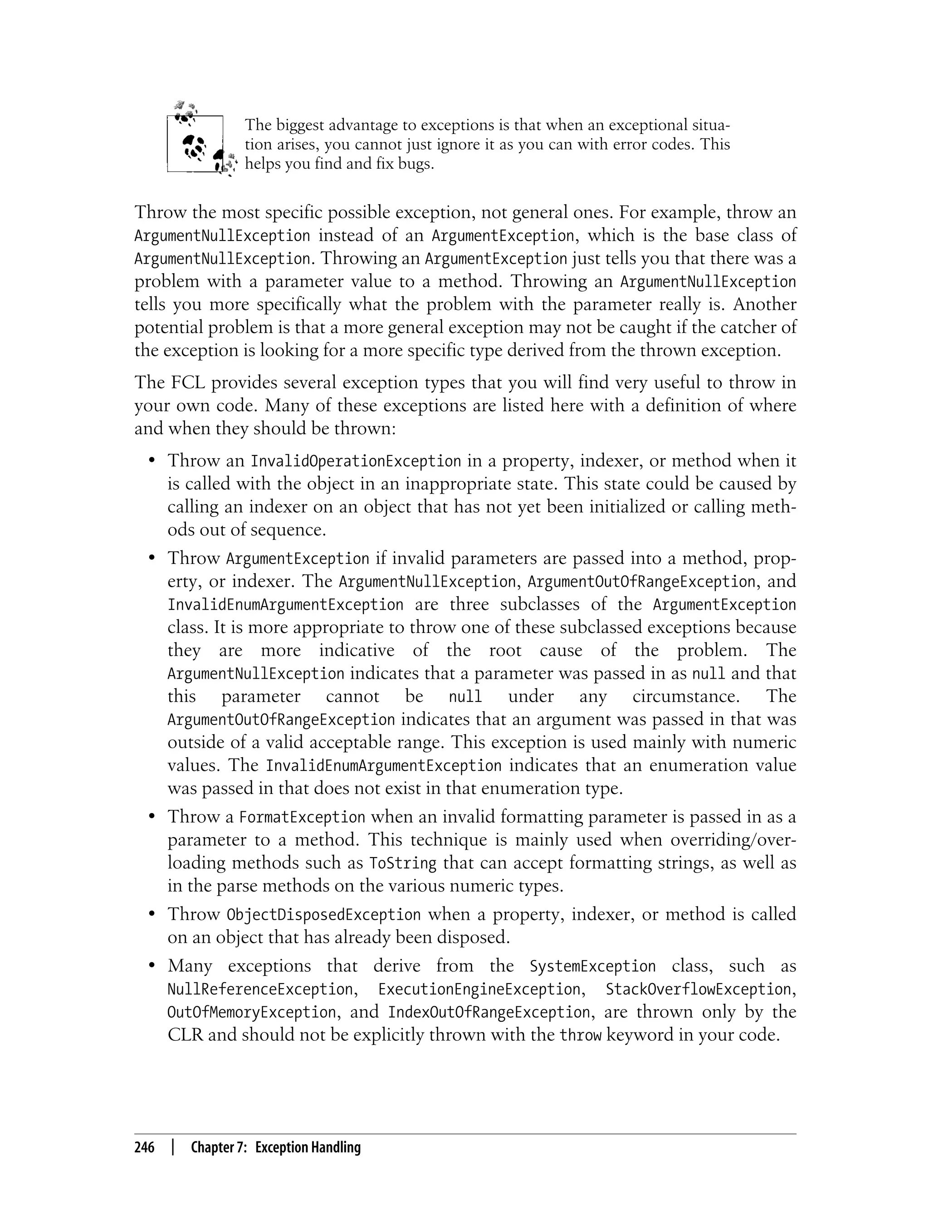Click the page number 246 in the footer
[144, 1147]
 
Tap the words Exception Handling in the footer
[308, 1147]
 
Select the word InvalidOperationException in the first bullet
[356, 461]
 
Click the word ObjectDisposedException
[323, 915]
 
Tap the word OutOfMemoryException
[252, 1013]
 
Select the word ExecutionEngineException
[479, 990]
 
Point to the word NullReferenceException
[260, 990]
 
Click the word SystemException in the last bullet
[592, 967]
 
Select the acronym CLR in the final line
[185, 1035]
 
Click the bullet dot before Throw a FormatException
[152, 817]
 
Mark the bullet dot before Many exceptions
[152, 966]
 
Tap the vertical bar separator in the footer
[173, 1147]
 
